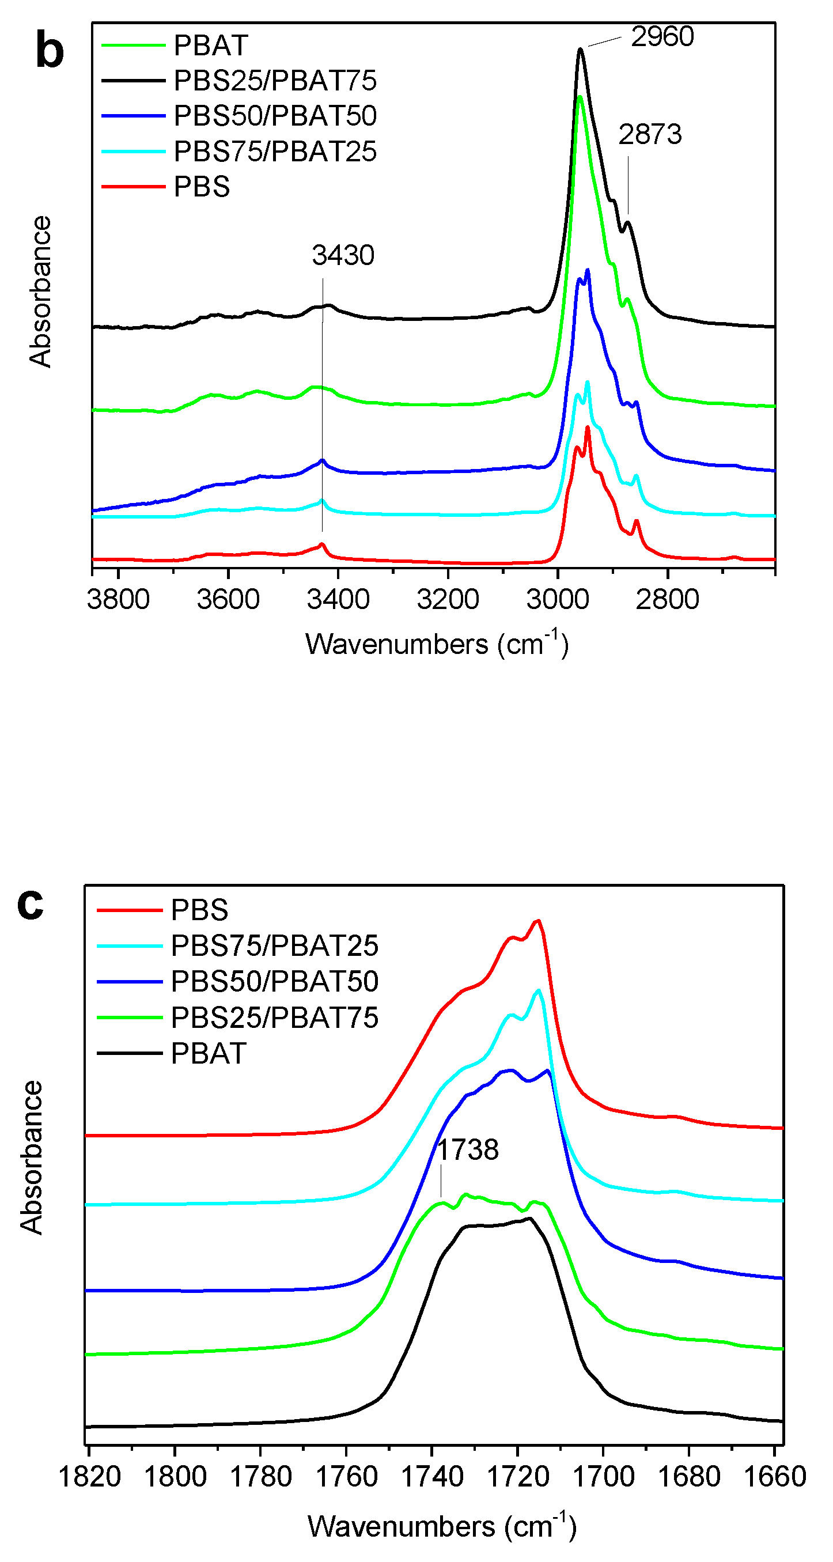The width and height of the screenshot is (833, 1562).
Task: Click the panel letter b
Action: [50, 51]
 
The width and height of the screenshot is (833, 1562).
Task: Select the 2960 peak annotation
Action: [661, 37]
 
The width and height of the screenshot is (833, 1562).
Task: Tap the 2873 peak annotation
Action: [650, 135]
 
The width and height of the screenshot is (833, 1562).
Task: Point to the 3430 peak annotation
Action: [343, 255]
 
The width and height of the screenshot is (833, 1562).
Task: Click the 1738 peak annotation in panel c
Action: [467, 1149]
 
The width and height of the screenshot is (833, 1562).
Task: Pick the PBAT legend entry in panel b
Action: [210, 46]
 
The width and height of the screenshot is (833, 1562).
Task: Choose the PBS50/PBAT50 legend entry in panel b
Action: [275, 116]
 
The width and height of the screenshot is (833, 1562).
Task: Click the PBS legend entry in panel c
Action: [199, 910]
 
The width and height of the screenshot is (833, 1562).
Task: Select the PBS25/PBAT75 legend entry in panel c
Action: [274, 1018]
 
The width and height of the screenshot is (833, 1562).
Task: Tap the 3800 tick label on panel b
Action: [118, 600]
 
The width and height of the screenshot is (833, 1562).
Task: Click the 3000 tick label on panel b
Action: [557, 600]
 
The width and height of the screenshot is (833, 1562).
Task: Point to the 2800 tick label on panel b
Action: [668, 600]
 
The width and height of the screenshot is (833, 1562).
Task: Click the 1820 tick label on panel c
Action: [90, 1477]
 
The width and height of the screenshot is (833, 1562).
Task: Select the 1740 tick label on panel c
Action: [432, 1477]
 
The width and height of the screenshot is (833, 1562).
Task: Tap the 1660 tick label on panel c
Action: [774, 1477]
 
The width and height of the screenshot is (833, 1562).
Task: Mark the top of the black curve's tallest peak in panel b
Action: [580, 49]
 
